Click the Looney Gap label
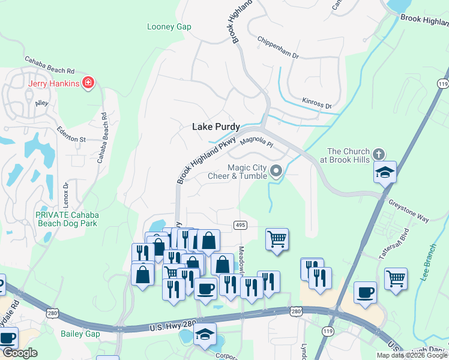[x=169, y=26]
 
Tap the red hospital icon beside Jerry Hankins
[x=88, y=82]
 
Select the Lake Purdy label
[x=215, y=127]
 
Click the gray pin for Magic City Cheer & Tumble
[x=276, y=172]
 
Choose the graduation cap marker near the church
[x=384, y=172]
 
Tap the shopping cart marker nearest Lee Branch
[x=396, y=278]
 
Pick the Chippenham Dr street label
[x=277, y=47]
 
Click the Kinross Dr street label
[x=317, y=103]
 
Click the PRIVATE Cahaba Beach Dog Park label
[x=66, y=219]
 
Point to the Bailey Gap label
[x=80, y=333]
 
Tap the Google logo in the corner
[x=20, y=353]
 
